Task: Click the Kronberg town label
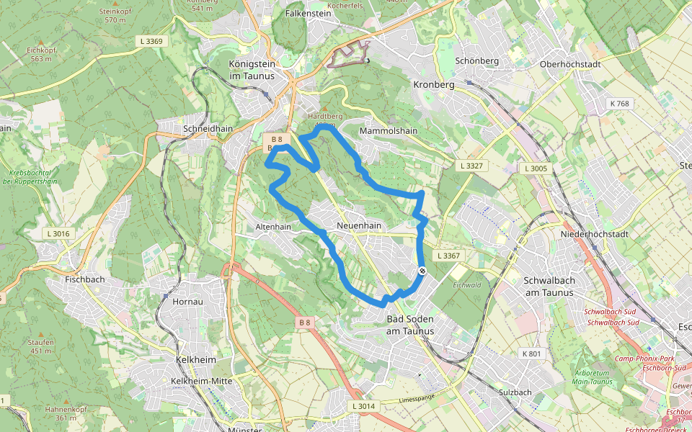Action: (x=435, y=84)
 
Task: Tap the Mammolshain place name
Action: (x=388, y=131)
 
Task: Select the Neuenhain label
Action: (x=358, y=225)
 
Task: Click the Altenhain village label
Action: (x=273, y=227)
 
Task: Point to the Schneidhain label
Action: (x=208, y=128)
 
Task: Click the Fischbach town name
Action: (x=85, y=279)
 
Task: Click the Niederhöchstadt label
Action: (x=595, y=234)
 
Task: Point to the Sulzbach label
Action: (x=515, y=392)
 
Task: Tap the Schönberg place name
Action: (x=476, y=61)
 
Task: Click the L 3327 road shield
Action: (x=474, y=166)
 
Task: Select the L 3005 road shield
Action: (x=536, y=168)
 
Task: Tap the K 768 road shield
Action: (x=618, y=104)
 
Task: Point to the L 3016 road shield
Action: (x=58, y=233)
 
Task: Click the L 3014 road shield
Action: (x=364, y=406)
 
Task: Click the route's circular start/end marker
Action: (x=422, y=271)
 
